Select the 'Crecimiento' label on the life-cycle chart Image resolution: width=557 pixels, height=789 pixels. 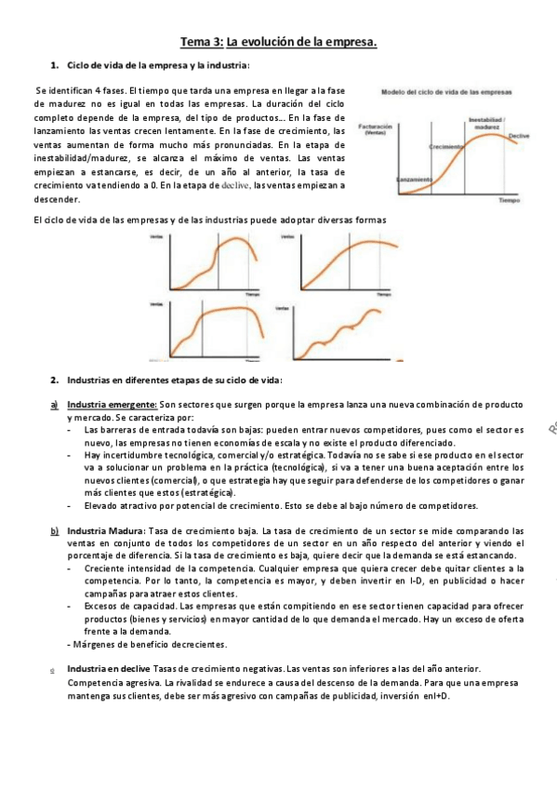pyautogui.click(x=448, y=147)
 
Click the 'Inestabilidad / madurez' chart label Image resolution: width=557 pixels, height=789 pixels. pyautogui.click(x=485, y=123)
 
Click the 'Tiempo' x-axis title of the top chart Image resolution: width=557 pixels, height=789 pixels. pyautogui.click(x=509, y=200)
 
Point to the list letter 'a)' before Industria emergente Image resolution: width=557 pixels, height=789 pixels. pyautogui.click(x=55, y=405)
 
